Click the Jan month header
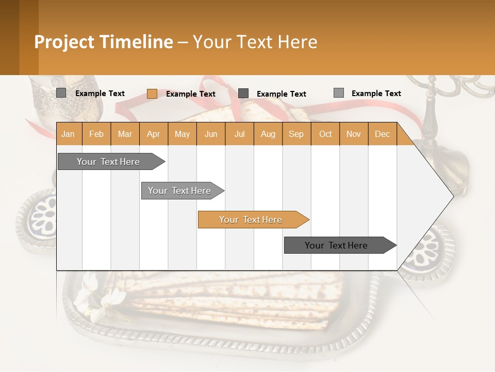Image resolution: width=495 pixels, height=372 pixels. (x=69, y=134)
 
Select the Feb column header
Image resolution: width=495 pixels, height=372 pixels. (x=96, y=134)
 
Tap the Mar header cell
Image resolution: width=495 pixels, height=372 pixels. (x=125, y=134)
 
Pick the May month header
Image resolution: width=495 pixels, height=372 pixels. (x=182, y=134)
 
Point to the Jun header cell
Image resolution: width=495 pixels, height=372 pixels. (x=211, y=134)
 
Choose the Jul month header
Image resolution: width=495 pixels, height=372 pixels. (x=239, y=134)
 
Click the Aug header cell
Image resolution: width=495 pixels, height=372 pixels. (x=268, y=134)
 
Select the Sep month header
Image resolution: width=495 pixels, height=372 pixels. (x=296, y=134)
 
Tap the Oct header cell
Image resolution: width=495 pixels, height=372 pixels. (x=325, y=134)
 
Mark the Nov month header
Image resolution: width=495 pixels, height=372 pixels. (x=354, y=134)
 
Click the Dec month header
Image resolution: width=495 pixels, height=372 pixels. (x=383, y=134)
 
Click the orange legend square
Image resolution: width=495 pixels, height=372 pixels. (x=152, y=94)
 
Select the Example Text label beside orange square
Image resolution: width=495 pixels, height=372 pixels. (x=190, y=94)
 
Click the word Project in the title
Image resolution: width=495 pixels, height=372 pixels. (x=64, y=42)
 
